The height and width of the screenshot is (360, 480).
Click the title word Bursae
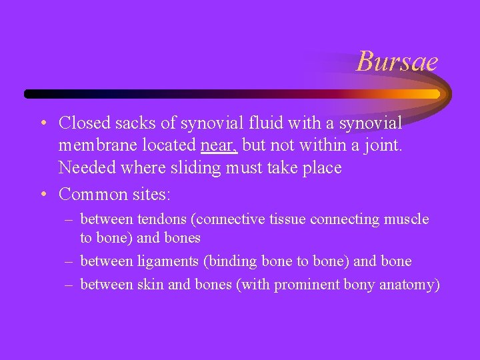[x=397, y=62]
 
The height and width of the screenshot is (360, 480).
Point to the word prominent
[x=307, y=285]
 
